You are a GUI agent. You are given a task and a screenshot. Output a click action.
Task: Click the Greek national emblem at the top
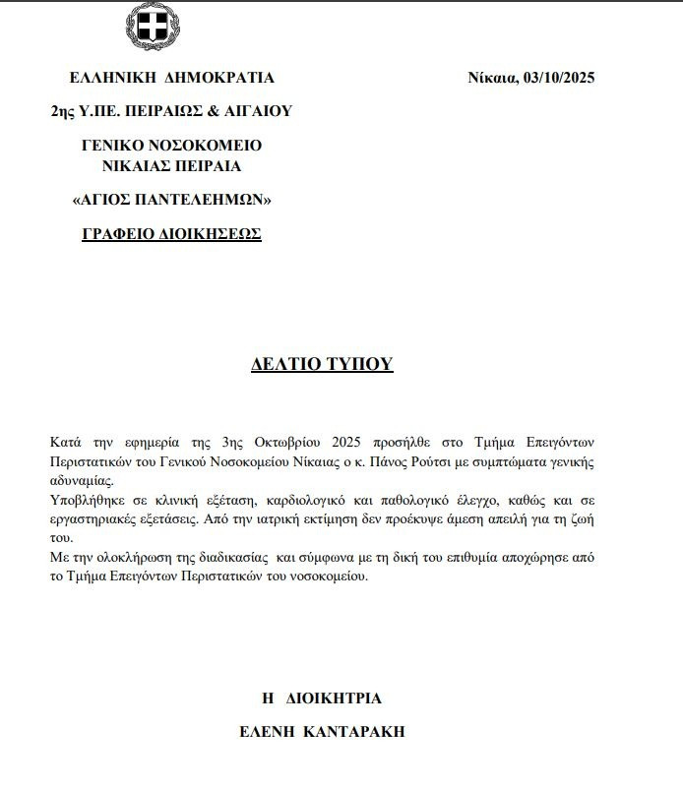tap(153, 27)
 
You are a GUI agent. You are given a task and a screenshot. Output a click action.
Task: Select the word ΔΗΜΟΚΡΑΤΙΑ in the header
tap(217, 79)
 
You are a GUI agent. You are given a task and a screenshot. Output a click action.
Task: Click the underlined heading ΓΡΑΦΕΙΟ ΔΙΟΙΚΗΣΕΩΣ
tap(171, 234)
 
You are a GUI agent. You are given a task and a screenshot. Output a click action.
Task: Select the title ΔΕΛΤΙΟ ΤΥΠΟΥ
tap(322, 364)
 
